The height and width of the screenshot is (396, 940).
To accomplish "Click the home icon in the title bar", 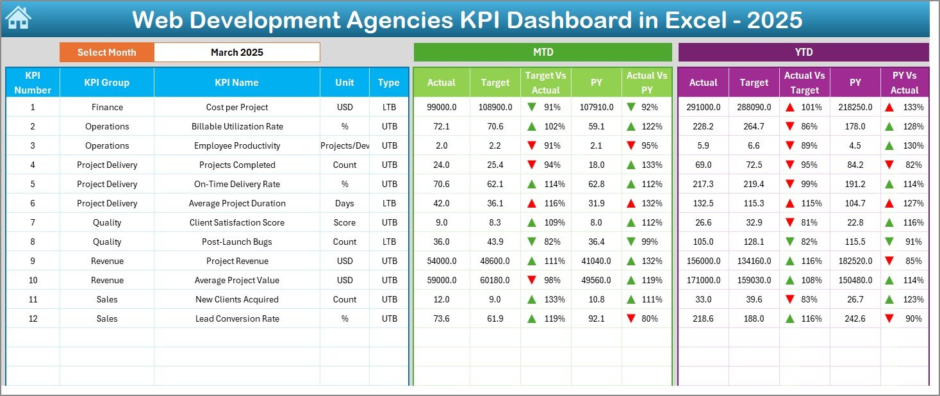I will pyautogui.click(x=18, y=19).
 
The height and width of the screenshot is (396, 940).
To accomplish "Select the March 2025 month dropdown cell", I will pyautogui.click(x=236, y=53).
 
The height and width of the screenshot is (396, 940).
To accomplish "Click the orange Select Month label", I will pyautogui.click(x=106, y=53).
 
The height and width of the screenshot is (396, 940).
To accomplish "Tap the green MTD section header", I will pyautogui.click(x=543, y=53).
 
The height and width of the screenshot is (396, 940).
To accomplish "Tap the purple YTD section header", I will pyautogui.click(x=803, y=53).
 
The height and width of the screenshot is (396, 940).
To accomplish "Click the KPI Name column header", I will pyautogui.click(x=236, y=83).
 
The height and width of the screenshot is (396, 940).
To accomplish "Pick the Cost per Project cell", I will pyautogui.click(x=236, y=108).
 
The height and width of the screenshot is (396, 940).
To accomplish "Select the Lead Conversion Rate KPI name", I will pyautogui.click(x=236, y=319).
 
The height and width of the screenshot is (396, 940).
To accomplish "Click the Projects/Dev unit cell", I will pyautogui.click(x=345, y=146).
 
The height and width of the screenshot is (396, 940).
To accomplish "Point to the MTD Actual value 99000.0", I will pyautogui.click(x=441, y=108).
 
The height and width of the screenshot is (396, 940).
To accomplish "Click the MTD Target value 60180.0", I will pyautogui.click(x=495, y=281).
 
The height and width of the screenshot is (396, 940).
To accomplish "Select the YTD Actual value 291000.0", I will pyautogui.click(x=703, y=108).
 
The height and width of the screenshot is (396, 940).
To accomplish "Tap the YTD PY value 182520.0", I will pyautogui.click(x=855, y=261).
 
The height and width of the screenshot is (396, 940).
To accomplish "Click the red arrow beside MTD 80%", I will pyautogui.click(x=632, y=318).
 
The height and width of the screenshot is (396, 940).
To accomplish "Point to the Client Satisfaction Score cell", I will pyautogui.click(x=236, y=223).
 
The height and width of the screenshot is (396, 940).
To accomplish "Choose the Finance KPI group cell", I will pyautogui.click(x=106, y=108).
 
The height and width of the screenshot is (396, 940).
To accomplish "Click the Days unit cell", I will pyautogui.click(x=345, y=204).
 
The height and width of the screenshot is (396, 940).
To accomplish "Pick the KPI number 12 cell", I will pyautogui.click(x=33, y=319).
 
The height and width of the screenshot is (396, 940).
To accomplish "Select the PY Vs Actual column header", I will pyautogui.click(x=904, y=83).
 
